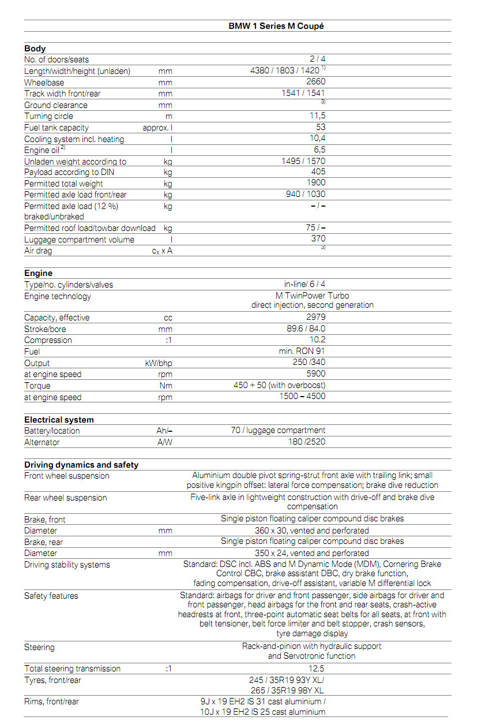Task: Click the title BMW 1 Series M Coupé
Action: [x=280, y=26]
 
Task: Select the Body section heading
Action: [x=35, y=48]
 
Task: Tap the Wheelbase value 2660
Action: [x=316, y=82]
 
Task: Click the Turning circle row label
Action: [x=48, y=116]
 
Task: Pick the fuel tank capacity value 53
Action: [x=321, y=127]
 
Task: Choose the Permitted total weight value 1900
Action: [x=316, y=183]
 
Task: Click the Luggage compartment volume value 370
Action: [x=318, y=238]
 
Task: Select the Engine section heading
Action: [x=38, y=273]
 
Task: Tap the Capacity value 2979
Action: [x=316, y=318]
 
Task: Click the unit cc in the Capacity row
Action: [x=168, y=318]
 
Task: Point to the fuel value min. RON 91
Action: [x=302, y=351]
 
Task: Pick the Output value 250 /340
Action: [x=309, y=363]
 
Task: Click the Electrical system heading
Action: [x=59, y=420]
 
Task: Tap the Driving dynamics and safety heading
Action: [x=81, y=465]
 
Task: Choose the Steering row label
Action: [x=39, y=647]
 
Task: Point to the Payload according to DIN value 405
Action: [x=318, y=172]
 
